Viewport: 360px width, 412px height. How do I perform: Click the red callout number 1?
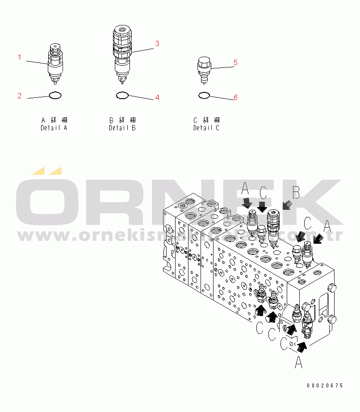coord(19,57)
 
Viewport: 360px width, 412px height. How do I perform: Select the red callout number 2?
coord(19,96)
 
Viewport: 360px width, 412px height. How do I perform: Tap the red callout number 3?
coord(157,43)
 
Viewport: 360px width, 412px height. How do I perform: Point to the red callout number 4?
coord(157,97)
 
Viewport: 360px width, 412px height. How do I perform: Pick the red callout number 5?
coord(235,62)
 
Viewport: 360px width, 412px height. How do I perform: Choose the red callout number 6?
coord(235,97)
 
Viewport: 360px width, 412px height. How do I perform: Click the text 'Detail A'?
coord(54,128)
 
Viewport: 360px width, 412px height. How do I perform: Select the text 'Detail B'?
coord(122,128)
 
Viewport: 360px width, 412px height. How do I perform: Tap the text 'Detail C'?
coord(206,128)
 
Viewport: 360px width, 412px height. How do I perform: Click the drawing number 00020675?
coord(325,385)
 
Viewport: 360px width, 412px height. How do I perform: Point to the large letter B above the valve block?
coord(296,192)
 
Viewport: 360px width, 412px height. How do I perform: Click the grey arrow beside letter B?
coord(288,205)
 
